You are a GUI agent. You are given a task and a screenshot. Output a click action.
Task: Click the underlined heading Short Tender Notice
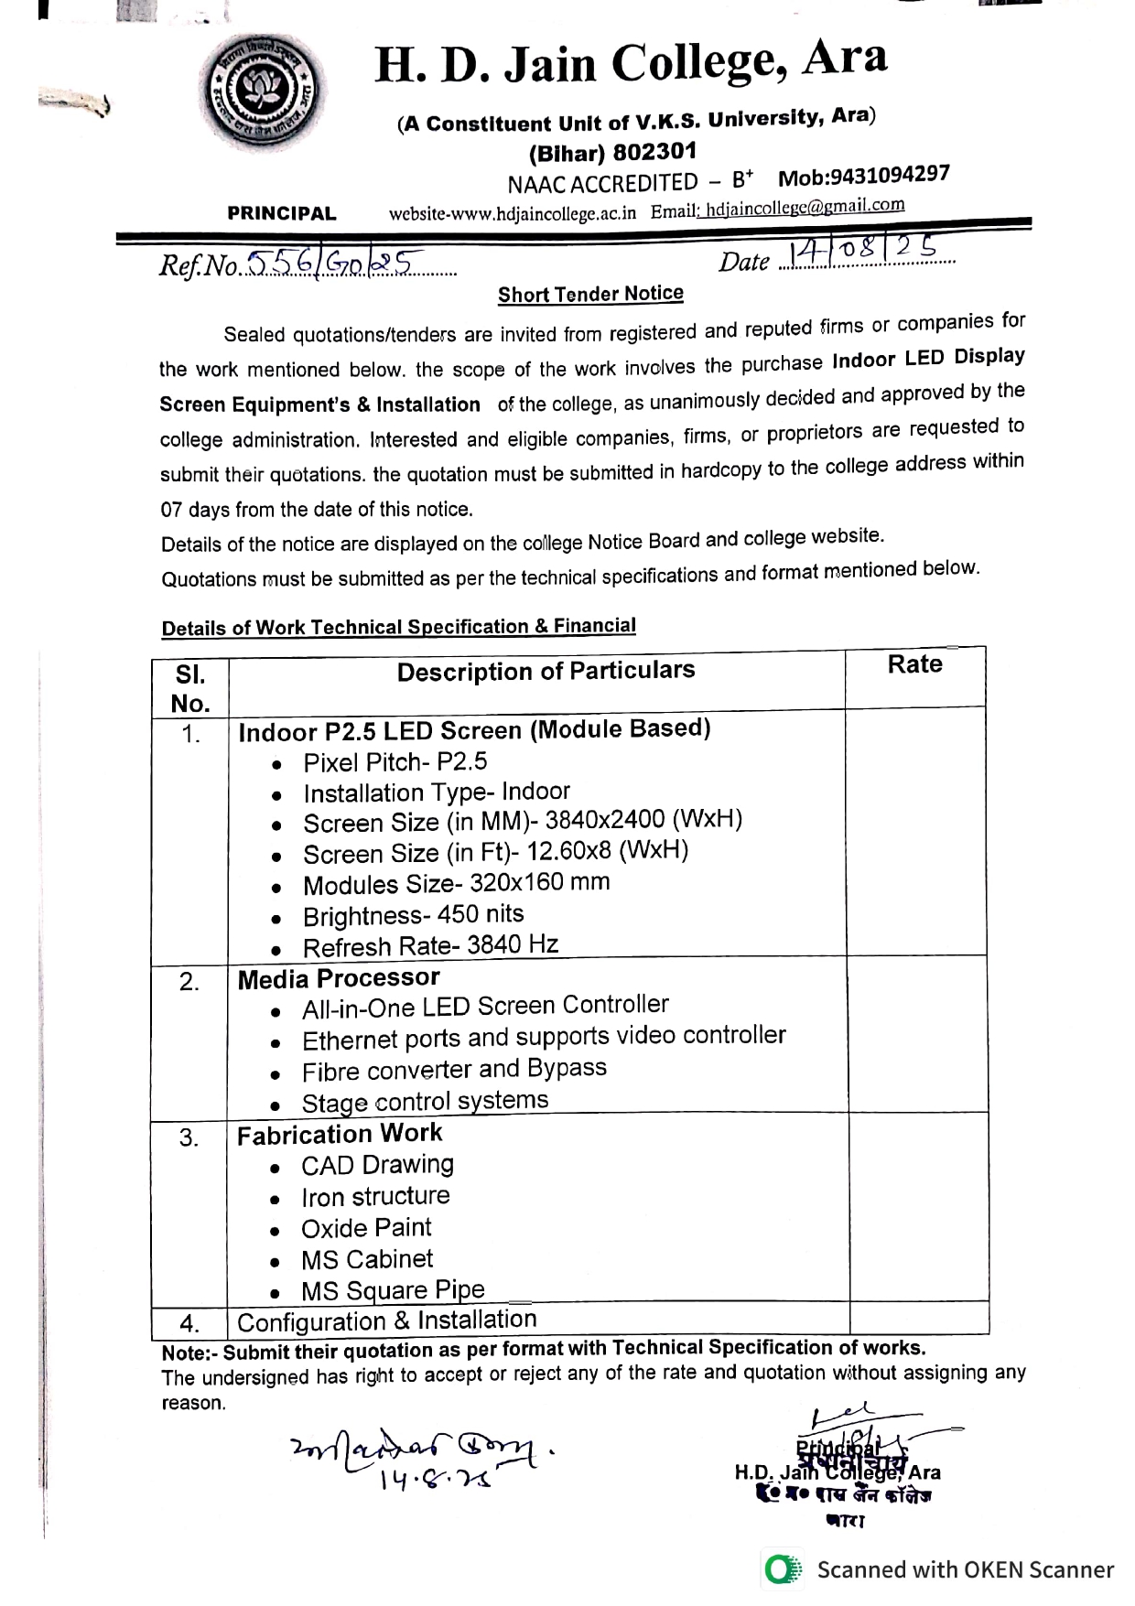tap(590, 294)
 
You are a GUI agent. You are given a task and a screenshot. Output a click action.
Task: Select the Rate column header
tap(914, 664)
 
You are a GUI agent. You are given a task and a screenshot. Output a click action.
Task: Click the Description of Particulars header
tap(546, 671)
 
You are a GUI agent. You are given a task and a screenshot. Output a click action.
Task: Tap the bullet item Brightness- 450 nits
tap(413, 915)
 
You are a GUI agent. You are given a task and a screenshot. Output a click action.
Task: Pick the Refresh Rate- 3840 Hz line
tap(430, 945)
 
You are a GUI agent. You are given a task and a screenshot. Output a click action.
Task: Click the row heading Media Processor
tap(339, 978)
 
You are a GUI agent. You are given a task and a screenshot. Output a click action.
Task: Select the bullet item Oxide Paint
tap(366, 1228)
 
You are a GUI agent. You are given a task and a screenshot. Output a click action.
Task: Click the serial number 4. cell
tap(189, 1323)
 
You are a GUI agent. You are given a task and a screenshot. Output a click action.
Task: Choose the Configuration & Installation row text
tap(386, 1320)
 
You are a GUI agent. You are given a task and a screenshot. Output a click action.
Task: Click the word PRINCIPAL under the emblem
tap(282, 213)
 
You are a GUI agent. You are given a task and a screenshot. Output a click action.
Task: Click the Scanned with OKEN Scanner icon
tap(782, 1569)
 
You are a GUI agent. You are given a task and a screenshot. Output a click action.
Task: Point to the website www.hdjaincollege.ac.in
tap(513, 213)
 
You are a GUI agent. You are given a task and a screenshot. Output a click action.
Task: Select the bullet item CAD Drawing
tap(377, 1165)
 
